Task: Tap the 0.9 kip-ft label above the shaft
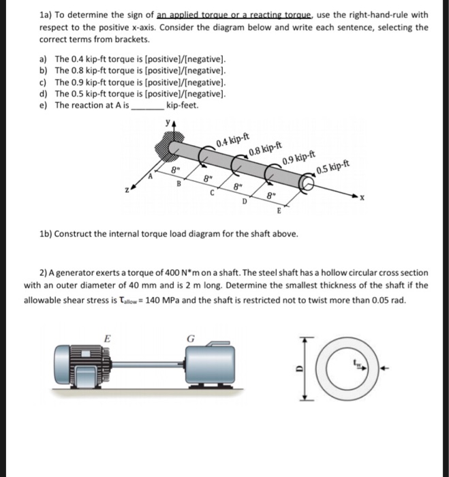[297, 161]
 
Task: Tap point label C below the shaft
[213, 193]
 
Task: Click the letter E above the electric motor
[106, 336]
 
